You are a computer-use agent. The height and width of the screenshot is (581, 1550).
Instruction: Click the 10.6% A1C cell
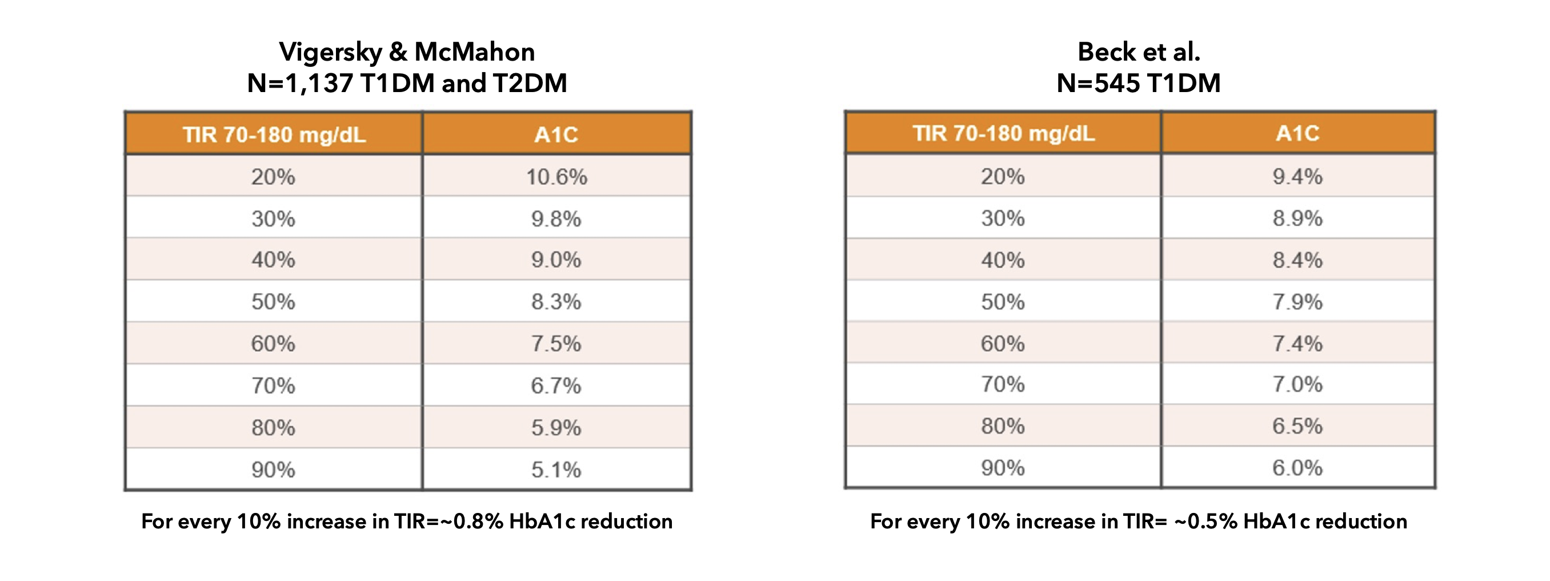[556, 177]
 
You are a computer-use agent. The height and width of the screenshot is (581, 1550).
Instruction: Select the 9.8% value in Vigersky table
[556, 218]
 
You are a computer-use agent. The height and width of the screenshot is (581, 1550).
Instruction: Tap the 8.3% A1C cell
[556, 301]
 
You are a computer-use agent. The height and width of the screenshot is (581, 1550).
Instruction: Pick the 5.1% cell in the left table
[556, 469]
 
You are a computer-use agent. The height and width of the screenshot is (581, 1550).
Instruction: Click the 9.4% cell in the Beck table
[1297, 176]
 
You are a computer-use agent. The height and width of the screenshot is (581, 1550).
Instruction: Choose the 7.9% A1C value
[1297, 301]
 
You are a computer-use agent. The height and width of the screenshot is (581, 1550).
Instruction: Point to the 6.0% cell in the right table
[1297, 468]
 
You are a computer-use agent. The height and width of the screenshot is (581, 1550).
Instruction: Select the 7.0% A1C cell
[1297, 384]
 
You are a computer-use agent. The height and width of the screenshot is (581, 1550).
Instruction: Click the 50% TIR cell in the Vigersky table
[273, 301]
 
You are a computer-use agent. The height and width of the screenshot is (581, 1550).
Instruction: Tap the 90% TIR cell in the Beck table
[1003, 468]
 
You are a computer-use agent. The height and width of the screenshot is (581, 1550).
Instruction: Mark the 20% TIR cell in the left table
[273, 177]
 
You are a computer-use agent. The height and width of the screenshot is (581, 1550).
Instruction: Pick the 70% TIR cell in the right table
[1003, 384]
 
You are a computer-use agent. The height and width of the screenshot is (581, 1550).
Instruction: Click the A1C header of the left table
[556, 134]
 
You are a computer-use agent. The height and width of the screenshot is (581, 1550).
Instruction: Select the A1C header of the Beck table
[1297, 133]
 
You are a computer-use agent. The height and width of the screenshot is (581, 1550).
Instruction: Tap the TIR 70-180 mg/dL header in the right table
[1003, 133]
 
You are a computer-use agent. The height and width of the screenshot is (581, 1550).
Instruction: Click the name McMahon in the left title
[474, 53]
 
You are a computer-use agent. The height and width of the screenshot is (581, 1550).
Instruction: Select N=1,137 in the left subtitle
[299, 83]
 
